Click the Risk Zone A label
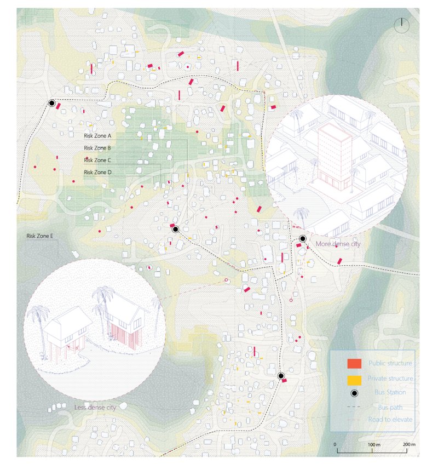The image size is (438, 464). coord(97,135)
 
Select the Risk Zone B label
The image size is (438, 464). coord(97,148)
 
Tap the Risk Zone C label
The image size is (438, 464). coord(97,160)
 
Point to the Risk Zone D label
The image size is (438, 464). coord(97,173)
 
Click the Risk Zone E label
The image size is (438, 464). coord(40,236)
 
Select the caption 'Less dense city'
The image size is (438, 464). coord(95,408)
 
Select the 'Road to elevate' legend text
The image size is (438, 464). coord(392,420)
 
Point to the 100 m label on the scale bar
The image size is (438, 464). coord(373,444)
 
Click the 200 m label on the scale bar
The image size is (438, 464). coord(410,444)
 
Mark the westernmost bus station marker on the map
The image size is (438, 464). coord(51,103)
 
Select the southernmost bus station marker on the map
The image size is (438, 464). coord(281,376)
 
